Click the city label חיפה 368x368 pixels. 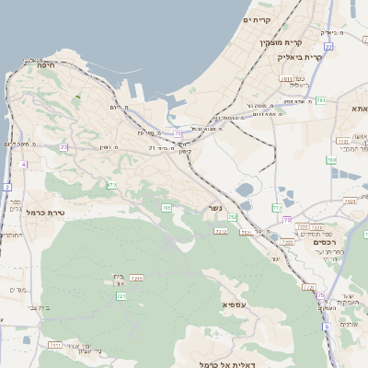click(47, 65)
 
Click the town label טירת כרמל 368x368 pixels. click(44, 213)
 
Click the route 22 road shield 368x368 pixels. click(328, 46)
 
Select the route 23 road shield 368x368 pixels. click(63, 146)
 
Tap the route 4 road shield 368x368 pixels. click(23, 165)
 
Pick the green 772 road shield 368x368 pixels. click(111, 185)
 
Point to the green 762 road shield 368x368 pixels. click(233, 218)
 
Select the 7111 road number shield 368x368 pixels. click(55, 344)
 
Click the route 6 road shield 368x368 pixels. click(326, 327)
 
